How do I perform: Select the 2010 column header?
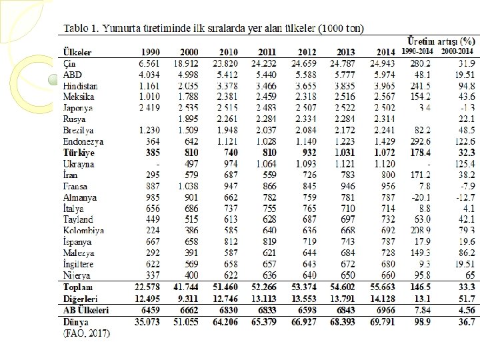[229, 52]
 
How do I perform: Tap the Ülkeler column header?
[77, 52]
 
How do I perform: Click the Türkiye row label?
[79, 153]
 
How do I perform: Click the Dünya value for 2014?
[383, 322]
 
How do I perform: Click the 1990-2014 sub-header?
[418, 51]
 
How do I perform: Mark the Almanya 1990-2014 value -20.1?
[421, 197]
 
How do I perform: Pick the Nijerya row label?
[78, 275]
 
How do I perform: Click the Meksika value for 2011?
[265, 97]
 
